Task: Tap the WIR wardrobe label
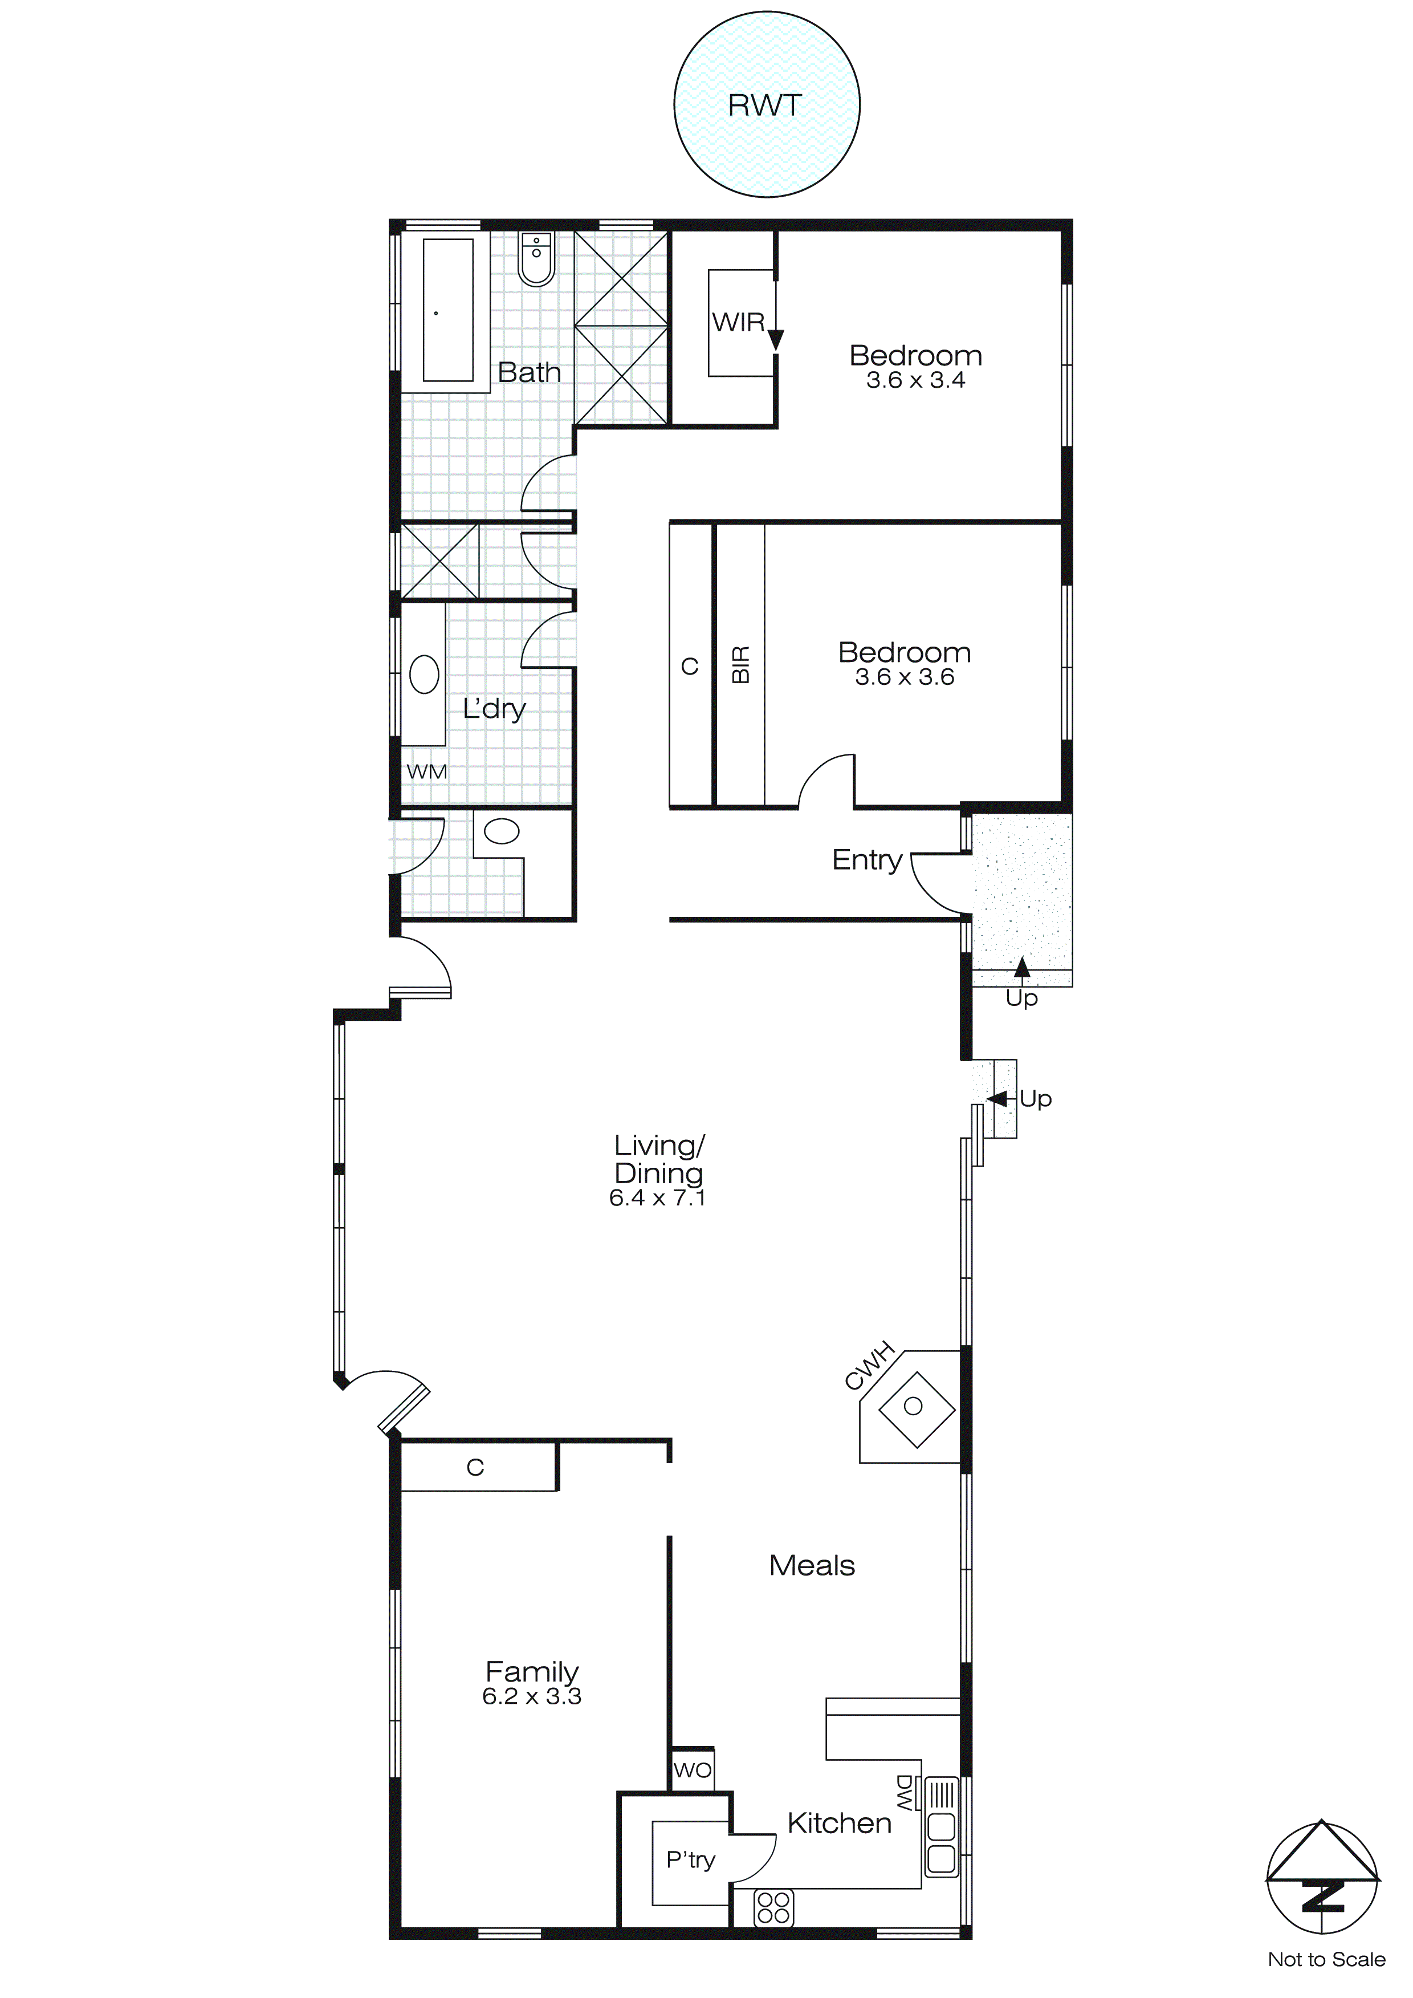(x=739, y=322)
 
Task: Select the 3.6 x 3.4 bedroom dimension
(x=915, y=380)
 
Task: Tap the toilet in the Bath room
(x=536, y=258)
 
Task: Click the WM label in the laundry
(x=426, y=772)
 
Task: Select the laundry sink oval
(x=425, y=675)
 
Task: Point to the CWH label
(x=869, y=1366)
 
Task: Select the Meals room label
(x=812, y=1566)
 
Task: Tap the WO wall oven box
(x=693, y=1770)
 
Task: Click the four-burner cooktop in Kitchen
(x=773, y=1907)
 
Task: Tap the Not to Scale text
(x=1326, y=1960)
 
